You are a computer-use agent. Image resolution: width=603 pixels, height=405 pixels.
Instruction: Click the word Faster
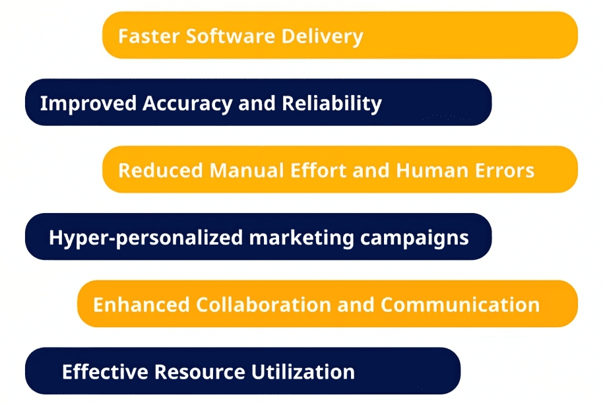click(x=149, y=36)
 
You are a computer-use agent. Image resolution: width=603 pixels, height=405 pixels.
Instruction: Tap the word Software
click(x=231, y=36)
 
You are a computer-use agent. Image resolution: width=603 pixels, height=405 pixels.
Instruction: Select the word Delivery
click(x=322, y=38)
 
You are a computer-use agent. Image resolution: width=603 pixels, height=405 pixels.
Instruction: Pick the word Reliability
click(x=332, y=104)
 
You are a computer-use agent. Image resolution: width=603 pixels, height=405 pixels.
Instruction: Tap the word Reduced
click(x=161, y=170)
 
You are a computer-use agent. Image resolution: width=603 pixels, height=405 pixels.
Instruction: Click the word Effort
click(x=319, y=170)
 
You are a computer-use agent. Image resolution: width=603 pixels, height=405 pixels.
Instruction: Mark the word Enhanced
click(x=142, y=305)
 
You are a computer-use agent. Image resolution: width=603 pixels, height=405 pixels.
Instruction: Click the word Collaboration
click(x=264, y=305)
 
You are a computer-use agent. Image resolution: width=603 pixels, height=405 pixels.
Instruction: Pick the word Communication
click(x=460, y=305)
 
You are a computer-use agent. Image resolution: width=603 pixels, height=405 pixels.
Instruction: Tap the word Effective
click(x=105, y=372)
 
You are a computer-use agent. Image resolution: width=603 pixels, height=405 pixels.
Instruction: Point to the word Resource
click(x=200, y=372)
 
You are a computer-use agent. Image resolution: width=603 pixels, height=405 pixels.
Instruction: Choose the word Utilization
click(x=303, y=372)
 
